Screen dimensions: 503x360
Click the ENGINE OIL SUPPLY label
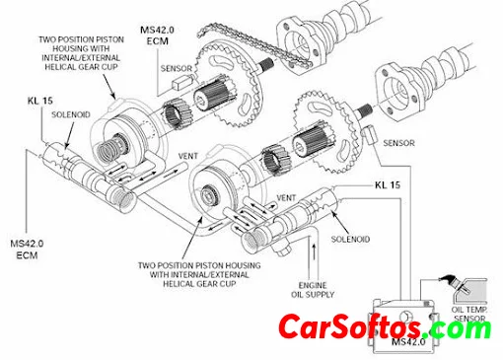click(x=313, y=290)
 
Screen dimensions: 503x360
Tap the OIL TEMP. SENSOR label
click(x=469, y=314)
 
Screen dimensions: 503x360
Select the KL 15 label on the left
click(x=40, y=101)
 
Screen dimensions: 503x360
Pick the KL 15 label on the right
click(x=388, y=185)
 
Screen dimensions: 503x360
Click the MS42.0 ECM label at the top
click(x=158, y=36)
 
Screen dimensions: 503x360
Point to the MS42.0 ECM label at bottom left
click(x=27, y=250)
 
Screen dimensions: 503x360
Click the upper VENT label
click(x=188, y=156)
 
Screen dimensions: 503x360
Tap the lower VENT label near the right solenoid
click(x=286, y=198)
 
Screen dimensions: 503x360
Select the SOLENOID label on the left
click(x=71, y=114)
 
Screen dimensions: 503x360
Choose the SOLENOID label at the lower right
click(x=350, y=239)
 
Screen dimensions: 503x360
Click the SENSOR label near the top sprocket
click(x=177, y=68)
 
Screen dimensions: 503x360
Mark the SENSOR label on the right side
click(x=398, y=143)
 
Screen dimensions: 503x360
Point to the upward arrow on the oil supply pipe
click(x=314, y=252)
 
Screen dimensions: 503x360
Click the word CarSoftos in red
click(x=349, y=327)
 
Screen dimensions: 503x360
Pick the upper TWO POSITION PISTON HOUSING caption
click(x=81, y=53)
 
